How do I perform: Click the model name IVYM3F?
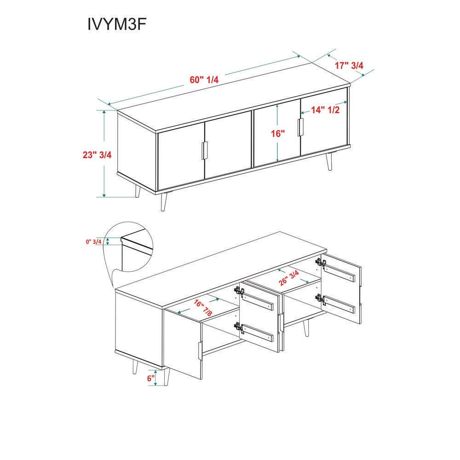[116, 24]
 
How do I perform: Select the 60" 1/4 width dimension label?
[204, 80]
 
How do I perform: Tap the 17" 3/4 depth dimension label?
[349, 65]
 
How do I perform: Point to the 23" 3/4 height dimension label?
[97, 155]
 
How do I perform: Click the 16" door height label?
[278, 134]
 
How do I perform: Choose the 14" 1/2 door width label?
[325, 110]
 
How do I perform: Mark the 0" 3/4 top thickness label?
[93, 242]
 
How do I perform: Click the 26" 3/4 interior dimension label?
[289, 278]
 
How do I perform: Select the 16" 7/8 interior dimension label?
[203, 308]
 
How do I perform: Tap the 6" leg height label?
[151, 378]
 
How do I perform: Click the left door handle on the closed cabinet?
[205, 150]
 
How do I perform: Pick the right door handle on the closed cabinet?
[300, 127]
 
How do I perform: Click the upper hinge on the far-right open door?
[320, 263]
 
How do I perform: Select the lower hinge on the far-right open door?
[320, 299]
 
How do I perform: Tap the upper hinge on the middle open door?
[239, 292]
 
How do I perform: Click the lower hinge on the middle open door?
[239, 328]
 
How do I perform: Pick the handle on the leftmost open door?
[200, 351]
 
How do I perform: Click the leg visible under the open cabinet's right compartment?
[306, 328]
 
